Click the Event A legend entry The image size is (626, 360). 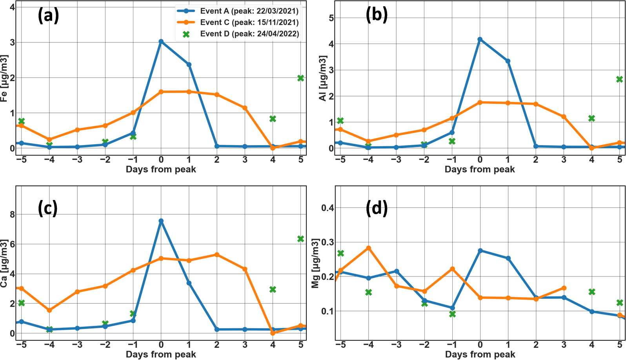238,11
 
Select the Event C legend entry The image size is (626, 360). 238,22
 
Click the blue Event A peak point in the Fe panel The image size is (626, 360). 161,41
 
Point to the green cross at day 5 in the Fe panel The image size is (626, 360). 301,78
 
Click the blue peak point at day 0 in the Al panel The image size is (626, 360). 480,39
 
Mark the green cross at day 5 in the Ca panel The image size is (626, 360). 301,239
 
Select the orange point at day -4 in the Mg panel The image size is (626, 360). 368,248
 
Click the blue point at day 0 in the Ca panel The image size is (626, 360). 161,221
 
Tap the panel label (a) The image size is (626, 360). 48,16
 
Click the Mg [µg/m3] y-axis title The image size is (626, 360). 315,263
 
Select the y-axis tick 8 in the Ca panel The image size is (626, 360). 12,215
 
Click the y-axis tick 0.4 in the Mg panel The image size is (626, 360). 328,208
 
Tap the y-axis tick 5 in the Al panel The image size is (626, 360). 331,18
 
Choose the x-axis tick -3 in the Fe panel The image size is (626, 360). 77,160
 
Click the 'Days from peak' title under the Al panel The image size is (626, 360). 480,169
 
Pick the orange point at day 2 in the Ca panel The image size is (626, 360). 217,255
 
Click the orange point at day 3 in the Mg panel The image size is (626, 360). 564,288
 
